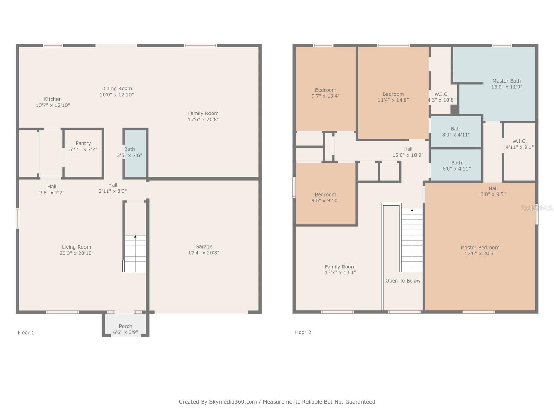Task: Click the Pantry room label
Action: click(83, 143)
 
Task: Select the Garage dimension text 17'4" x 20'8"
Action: click(204, 253)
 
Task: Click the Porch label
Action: click(125, 326)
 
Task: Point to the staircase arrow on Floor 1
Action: click(135, 237)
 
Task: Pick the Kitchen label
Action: click(53, 99)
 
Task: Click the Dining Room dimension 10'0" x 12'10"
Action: click(117, 95)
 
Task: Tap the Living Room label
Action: click(77, 247)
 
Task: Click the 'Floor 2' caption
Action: click(303, 332)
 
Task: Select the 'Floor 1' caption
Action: click(26, 332)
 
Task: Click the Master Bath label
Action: click(507, 81)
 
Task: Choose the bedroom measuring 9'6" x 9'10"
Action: click(325, 198)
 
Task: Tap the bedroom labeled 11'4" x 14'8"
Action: click(393, 97)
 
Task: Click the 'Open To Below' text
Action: click(403, 281)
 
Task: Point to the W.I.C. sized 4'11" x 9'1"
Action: click(519, 144)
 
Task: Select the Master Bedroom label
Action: click(480, 248)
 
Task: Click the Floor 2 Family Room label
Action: click(340, 267)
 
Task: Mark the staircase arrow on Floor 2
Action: click(412, 210)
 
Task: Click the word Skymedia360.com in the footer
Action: click(233, 402)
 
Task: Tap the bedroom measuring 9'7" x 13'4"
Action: click(325, 93)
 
